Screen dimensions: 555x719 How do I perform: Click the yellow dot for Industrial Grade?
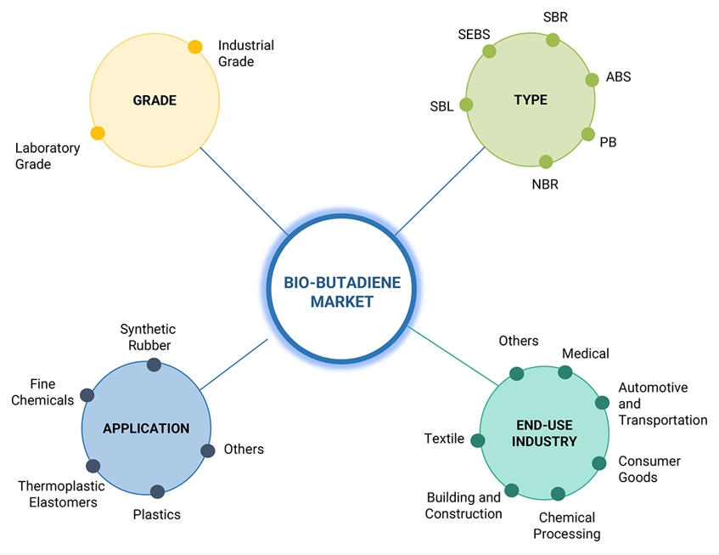click(195, 48)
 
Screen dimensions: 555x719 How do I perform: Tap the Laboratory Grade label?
click(48, 156)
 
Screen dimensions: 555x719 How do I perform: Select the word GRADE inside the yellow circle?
click(154, 100)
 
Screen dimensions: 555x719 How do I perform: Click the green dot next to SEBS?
click(489, 51)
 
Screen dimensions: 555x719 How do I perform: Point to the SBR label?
click(556, 17)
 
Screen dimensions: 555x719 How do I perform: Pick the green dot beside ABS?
click(593, 80)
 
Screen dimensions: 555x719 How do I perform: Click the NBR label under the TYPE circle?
click(544, 184)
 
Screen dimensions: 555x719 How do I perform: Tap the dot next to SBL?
click(466, 105)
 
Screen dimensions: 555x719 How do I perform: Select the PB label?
click(608, 142)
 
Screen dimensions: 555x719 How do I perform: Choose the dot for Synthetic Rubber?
click(154, 365)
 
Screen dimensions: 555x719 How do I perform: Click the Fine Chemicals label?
click(42, 392)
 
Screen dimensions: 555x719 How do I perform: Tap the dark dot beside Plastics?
click(157, 491)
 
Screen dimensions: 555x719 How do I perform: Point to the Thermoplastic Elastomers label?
click(61, 494)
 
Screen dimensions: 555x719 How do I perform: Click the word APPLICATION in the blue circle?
click(146, 428)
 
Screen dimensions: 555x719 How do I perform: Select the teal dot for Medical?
click(565, 371)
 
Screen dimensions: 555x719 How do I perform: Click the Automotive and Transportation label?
click(662, 404)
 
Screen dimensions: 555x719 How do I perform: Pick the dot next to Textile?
click(478, 440)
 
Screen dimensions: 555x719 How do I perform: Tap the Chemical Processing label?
click(566, 525)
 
